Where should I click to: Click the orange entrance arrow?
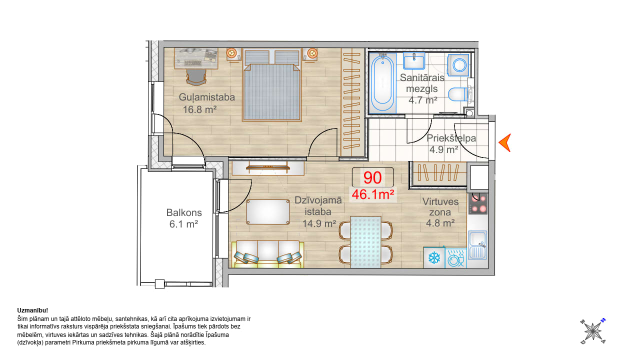tap(505, 142)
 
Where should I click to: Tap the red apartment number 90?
tap(372, 177)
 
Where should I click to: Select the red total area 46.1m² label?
tap(373, 194)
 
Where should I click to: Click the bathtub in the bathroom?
tap(382, 83)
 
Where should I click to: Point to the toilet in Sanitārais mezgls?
tap(458, 94)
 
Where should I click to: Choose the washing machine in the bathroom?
tap(458, 65)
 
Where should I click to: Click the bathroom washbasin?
tap(413, 60)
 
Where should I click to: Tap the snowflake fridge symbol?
tap(434, 257)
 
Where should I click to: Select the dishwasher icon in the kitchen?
tap(455, 258)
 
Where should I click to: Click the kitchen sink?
tap(477, 245)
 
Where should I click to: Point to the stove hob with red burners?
tap(478, 203)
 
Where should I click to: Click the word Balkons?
tap(184, 212)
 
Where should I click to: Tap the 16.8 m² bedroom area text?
tap(199, 109)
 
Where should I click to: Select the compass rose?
tap(593, 331)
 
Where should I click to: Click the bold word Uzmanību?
tap(32, 310)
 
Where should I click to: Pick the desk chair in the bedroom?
tap(196, 77)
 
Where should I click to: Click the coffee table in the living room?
tap(268, 211)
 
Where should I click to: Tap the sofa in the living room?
tap(267, 254)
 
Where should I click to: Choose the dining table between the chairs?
tap(365, 242)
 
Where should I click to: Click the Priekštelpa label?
tap(451, 138)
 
